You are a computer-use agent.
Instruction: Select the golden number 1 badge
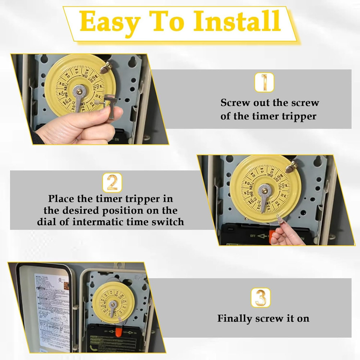click(x=264, y=82)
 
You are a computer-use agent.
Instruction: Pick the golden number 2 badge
click(x=112, y=183)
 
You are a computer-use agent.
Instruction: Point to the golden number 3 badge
click(x=260, y=298)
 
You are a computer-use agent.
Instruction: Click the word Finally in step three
click(x=235, y=319)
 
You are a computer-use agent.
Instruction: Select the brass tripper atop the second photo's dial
click(x=292, y=166)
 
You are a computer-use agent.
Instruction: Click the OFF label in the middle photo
click(x=253, y=236)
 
